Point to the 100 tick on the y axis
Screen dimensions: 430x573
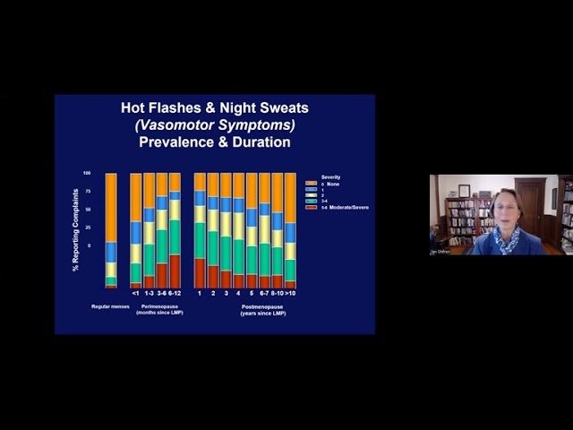coord(87,173)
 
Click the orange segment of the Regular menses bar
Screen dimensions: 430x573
coord(111,206)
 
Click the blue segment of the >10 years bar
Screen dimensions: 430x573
coord(290,232)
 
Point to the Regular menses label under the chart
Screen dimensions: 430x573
coord(110,306)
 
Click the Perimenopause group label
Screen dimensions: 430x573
coord(161,306)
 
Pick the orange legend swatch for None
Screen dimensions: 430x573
coord(312,183)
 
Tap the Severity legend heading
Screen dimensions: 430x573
coord(330,176)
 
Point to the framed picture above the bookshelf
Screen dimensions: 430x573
coord(464,190)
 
